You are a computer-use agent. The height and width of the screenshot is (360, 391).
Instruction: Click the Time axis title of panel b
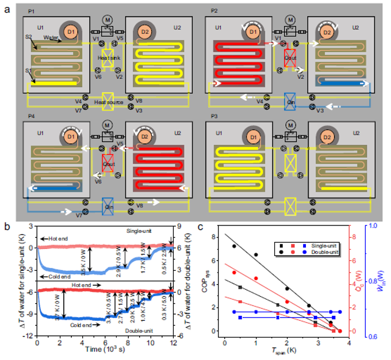[x=105, y=350]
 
